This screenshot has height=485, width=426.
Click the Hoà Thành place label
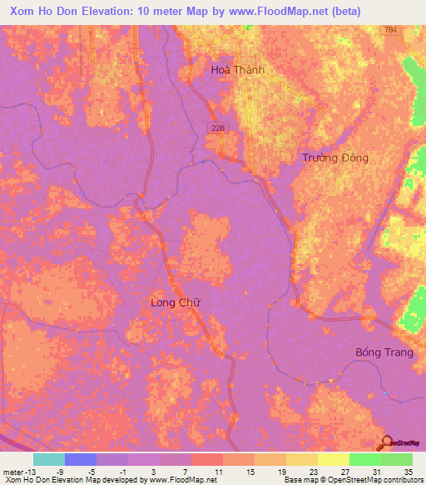click(237, 70)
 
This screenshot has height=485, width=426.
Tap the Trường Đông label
click(334, 157)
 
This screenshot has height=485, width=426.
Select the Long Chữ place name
click(174, 302)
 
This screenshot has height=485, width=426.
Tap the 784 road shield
click(391, 30)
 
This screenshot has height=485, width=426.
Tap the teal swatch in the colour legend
click(48, 459)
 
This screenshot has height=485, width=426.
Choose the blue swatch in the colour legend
click(80, 459)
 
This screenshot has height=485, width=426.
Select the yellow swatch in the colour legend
click(333, 459)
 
